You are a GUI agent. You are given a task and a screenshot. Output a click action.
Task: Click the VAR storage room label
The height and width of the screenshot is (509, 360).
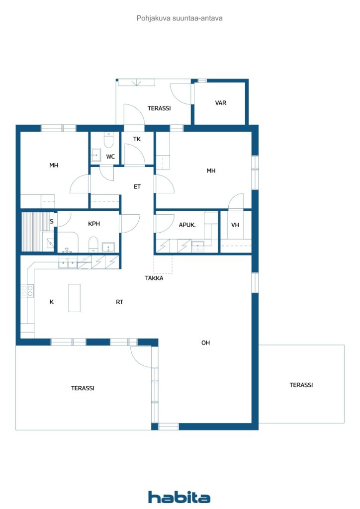220,103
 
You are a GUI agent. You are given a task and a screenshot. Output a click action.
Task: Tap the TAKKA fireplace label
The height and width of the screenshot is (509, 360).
154,278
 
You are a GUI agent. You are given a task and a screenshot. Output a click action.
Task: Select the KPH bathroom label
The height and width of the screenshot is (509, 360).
94,224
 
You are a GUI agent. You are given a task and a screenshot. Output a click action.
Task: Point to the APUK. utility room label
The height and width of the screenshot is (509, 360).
187,225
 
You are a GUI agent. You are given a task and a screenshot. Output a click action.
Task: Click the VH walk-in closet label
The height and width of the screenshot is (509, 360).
235,225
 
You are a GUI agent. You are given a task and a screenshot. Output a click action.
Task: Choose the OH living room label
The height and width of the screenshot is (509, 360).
205,343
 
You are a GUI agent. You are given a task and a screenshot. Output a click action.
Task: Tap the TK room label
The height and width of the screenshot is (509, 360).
137,139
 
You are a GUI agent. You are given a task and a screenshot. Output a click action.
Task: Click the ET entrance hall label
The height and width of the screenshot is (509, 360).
137,187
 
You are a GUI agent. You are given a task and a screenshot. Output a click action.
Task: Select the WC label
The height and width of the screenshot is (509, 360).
110,157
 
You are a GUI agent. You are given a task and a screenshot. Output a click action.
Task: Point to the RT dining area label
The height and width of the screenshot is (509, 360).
119,302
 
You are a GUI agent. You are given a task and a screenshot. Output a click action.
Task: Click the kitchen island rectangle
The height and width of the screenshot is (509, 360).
75,298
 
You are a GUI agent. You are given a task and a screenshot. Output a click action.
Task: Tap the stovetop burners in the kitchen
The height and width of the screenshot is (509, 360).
27,291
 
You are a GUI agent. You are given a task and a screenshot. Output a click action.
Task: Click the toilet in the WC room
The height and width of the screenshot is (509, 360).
108,140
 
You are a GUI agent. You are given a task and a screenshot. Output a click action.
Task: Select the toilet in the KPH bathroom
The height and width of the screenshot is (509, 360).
93,245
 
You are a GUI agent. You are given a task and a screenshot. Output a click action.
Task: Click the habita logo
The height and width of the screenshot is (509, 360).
179,497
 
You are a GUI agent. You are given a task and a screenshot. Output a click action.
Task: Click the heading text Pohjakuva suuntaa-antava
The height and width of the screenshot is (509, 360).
180,18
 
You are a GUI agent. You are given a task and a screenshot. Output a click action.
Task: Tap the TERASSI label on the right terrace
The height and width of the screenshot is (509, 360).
301,385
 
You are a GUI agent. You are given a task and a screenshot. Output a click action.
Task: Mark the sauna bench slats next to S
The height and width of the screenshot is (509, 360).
31,232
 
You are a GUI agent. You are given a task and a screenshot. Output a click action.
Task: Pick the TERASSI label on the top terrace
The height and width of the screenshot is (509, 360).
159,108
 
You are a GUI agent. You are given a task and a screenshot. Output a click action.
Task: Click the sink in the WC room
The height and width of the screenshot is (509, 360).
96,156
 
